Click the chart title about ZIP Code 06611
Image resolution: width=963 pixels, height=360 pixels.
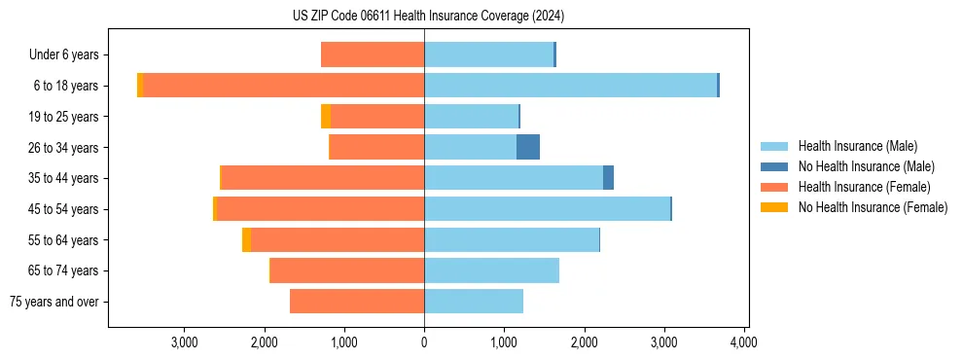click(x=427, y=17)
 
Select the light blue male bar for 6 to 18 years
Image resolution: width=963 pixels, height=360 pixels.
click(x=570, y=86)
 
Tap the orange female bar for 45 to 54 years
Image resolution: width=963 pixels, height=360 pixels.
click(x=515, y=209)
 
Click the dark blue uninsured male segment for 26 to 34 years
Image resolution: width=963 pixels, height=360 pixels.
click(x=527, y=147)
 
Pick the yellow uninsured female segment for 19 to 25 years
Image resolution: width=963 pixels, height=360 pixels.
click(x=326, y=117)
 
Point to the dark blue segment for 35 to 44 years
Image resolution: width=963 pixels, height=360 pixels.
click(x=608, y=178)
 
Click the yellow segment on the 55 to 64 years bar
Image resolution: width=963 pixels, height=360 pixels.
click(x=246, y=239)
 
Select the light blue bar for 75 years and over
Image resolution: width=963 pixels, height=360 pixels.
click(x=474, y=302)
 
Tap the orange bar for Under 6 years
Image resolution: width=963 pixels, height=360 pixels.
click(x=373, y=54)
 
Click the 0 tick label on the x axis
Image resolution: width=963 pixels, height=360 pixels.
click(x=424, y=342)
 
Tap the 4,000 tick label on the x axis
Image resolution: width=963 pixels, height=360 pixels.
click(x=743, y=342)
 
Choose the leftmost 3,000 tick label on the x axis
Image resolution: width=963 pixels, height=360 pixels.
click(x=184, y=342)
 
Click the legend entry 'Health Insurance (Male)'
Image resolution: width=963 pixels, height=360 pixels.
click(x=856, y=146)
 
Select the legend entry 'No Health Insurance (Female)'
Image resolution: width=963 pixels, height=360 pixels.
click(x=872, y=207)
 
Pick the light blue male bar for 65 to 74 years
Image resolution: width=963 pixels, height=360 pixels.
click(x=491, y=270)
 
